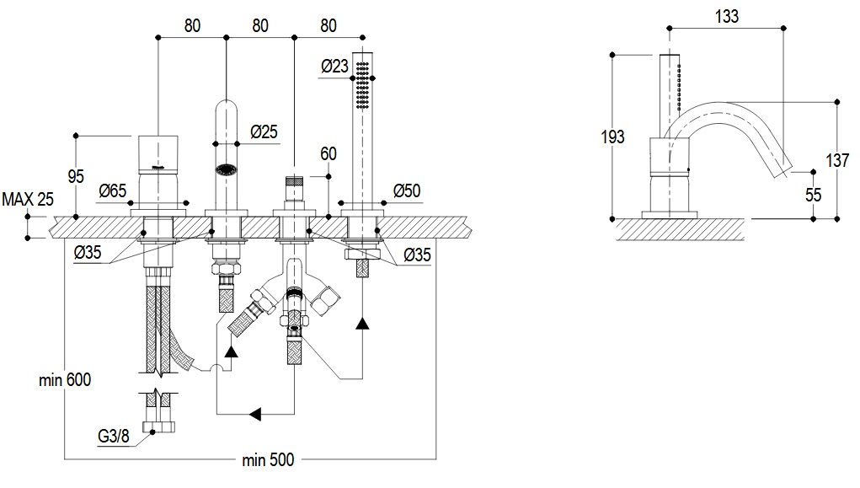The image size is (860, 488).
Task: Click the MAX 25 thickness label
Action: click(x=28, y=200)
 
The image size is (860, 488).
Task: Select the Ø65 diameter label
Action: click(x=112, y=191)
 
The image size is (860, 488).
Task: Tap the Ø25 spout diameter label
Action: click(x=264, y=132)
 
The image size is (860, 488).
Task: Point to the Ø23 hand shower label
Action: click(x=334, y=67)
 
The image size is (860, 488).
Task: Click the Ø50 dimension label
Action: click(x=407, y=191)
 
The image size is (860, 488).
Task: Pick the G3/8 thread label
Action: click(x=112, y=437)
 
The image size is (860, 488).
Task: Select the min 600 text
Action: click(x=65, y=380)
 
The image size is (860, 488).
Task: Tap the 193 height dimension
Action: click(x=614, y=136)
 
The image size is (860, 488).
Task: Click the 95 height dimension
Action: click(x=76, y=177)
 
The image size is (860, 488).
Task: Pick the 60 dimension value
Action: click(x=329, y=154)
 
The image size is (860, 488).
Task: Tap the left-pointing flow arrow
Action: click(x=256, y=413)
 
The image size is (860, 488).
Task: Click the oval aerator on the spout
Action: click(x=226, y=169)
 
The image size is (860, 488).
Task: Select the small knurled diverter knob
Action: click(x=294, y=181)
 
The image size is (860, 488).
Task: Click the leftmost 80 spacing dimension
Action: click(x=192, y=25)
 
